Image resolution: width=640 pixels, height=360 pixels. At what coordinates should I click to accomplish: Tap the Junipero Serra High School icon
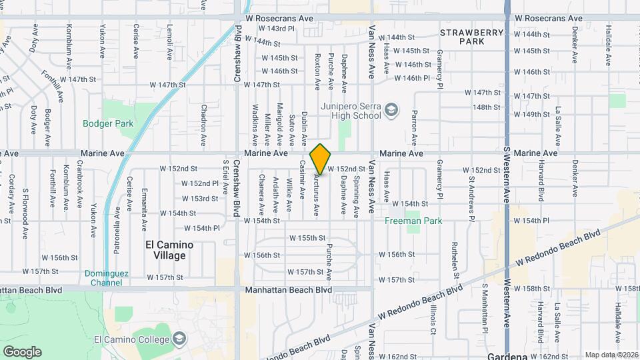pos(393,110)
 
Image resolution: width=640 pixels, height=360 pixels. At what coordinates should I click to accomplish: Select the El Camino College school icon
pos(178,339)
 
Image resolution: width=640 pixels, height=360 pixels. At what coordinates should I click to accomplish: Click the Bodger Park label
pos(108,123)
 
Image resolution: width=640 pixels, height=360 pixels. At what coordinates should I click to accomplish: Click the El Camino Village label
pos(169,250)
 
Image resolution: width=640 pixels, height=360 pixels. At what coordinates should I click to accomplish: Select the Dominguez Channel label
pos(108,277)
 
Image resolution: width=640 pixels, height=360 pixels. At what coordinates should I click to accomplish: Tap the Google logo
pos(22,351)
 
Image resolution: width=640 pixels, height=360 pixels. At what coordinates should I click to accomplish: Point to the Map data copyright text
pos(611,355)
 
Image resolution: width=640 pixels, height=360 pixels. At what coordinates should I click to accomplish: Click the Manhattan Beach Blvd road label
pos(288,290)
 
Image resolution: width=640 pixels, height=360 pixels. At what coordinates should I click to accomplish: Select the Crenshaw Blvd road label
pos(237,55)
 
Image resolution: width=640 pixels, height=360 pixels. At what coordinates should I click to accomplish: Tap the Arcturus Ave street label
pos(316,197)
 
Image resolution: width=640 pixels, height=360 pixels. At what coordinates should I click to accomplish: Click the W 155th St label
pos(307,237)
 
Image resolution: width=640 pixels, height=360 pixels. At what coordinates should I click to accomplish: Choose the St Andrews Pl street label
pos(471,197)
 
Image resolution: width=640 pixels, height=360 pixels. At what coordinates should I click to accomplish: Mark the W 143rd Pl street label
pos(277,29)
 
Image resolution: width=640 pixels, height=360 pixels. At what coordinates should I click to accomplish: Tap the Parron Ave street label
pos(414,128)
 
